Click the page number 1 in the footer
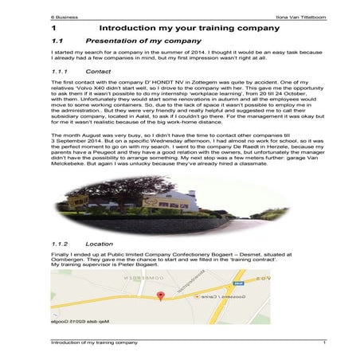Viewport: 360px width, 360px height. (324, 342)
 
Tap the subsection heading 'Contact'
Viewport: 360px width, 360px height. (97, 71)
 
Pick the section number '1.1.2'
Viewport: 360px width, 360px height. (61, 243)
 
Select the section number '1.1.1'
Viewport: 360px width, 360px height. (61, 71)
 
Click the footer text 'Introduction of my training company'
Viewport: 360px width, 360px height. (93, 342)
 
